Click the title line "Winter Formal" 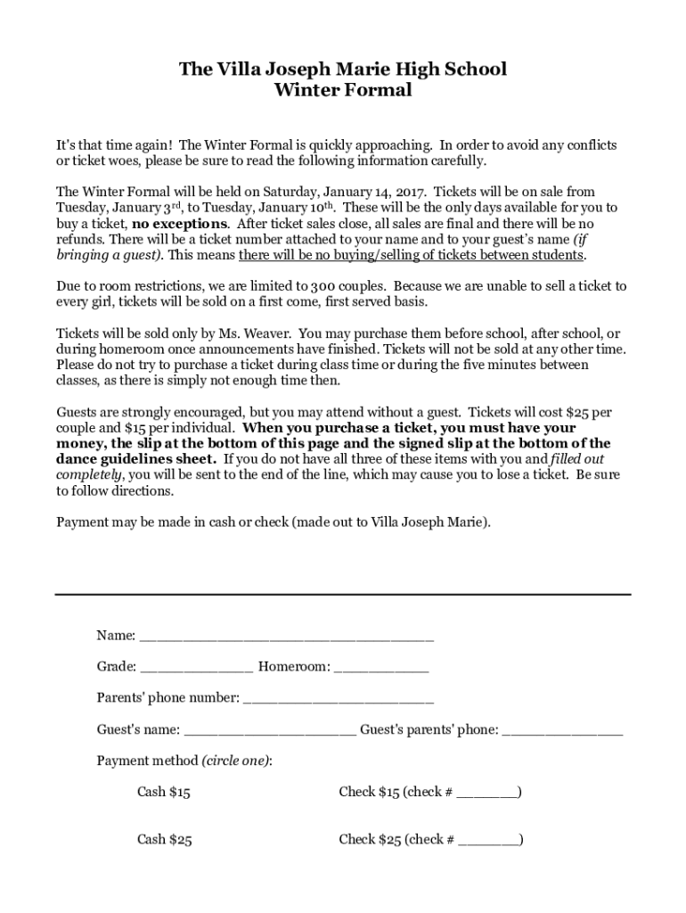[343, 90]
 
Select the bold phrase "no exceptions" [180, 224]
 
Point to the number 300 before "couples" [322, 287]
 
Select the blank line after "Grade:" [196, 667]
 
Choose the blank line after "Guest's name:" [271, 730]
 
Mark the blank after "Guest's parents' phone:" [562, 730]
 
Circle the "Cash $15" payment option [164, 792]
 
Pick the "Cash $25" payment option [164, 840]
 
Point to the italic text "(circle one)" [236, 761]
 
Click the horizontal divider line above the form [343, 594]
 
